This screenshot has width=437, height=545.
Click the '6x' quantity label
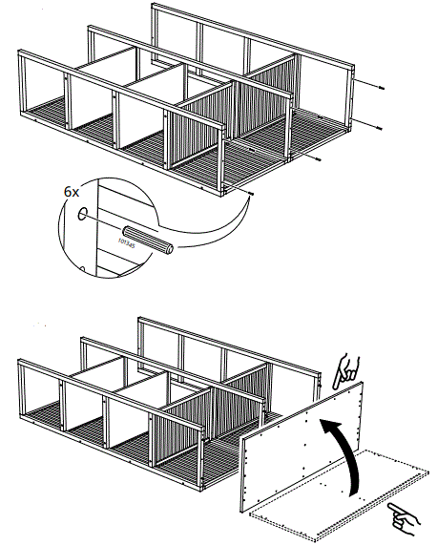71,191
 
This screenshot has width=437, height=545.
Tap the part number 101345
126,243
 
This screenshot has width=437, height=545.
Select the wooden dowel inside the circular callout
148,240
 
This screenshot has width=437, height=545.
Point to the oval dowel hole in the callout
84,215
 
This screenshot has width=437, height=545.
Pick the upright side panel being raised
301,449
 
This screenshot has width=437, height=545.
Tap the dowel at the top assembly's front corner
250,194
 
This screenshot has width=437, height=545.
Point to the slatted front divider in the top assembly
196,134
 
